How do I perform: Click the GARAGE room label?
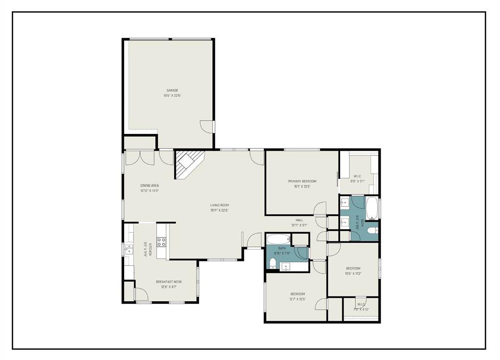(172, 90)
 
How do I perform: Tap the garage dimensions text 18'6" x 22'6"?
(172, 96)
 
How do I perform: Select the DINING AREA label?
(150, 186)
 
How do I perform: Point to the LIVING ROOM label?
(219, 205)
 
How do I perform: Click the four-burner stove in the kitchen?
(161, 241)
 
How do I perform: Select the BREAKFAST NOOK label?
(169, 282)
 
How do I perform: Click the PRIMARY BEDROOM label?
(302, 181)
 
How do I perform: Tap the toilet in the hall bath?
(273, 264)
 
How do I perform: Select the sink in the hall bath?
(285, 266)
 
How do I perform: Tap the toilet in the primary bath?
(372, 231)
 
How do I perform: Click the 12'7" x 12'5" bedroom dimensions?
(297, 299)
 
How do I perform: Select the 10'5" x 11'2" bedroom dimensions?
(353, 274)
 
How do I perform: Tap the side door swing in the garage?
(208, 126)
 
